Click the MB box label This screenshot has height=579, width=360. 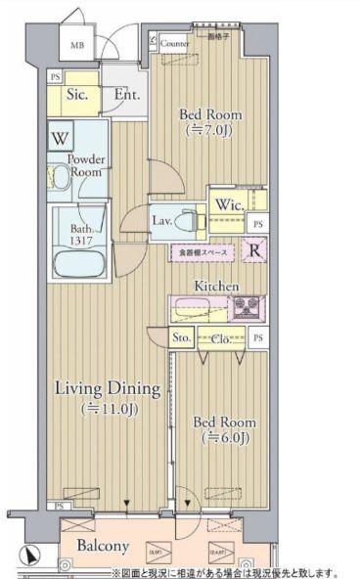(x=75, y=45)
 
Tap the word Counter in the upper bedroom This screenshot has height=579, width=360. (x=175, y=44)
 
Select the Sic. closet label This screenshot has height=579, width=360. (x=77, y=95)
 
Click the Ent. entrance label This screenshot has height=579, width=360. (x=126, y=95)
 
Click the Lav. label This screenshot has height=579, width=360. (x=161, y=221)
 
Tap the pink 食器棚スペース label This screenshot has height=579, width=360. (x=203, y=252)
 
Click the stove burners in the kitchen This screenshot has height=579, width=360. (x=247, y=308)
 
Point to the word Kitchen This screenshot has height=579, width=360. (x=216, y=285)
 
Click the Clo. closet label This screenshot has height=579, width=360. (x=221, y=337)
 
